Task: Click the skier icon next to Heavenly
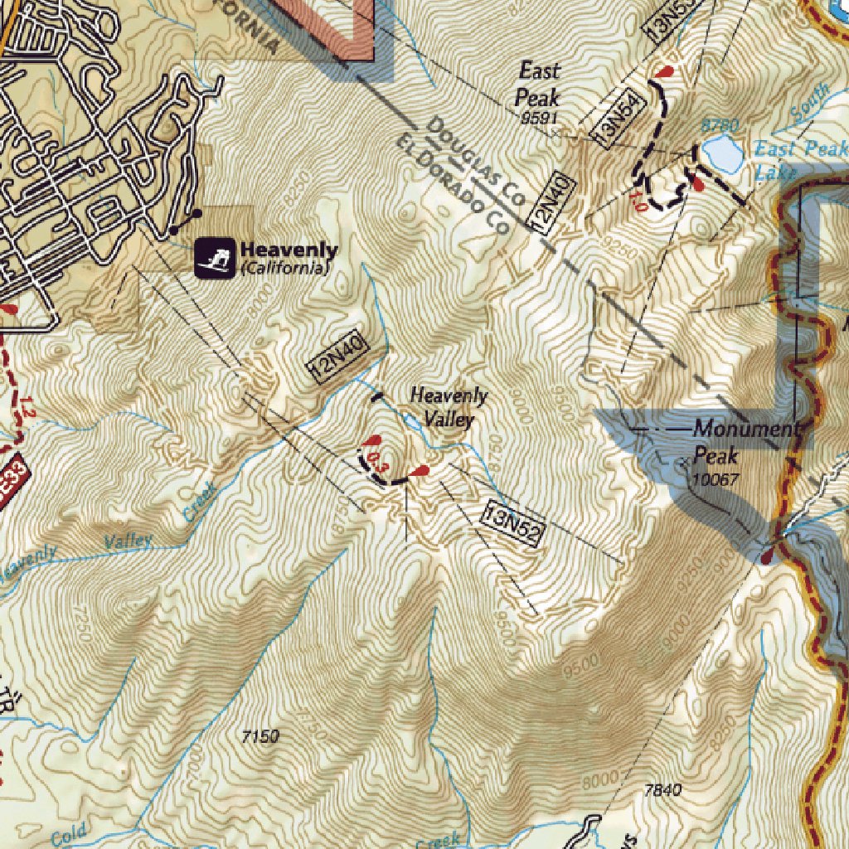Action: pyautogui.click(x=215, y=259)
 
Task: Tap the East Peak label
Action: pyautogui.click(x=538, y=84)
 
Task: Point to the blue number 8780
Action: pyautogui.click(x=719, y=125)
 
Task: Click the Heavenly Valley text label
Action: pyautogui.click(x=449, y=407)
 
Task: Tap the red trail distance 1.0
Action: pyautogui.click(x=638, y=201)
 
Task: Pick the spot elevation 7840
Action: pyautogui.click(x=662, y=790)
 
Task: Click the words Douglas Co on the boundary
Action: pyautogui.click(x=477, y=163)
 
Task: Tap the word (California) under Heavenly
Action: pyautogui.click(x=284, y=269)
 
